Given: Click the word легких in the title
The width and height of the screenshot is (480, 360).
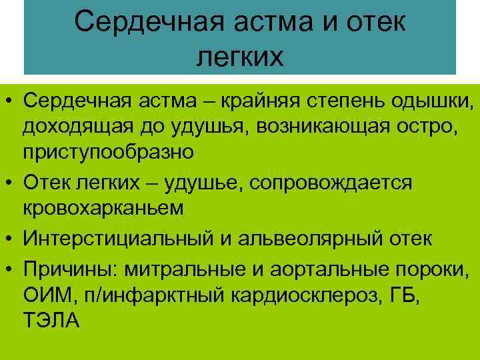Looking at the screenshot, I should (x=240, y=56).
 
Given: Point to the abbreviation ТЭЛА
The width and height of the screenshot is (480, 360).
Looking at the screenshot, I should (x=51, y=321).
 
